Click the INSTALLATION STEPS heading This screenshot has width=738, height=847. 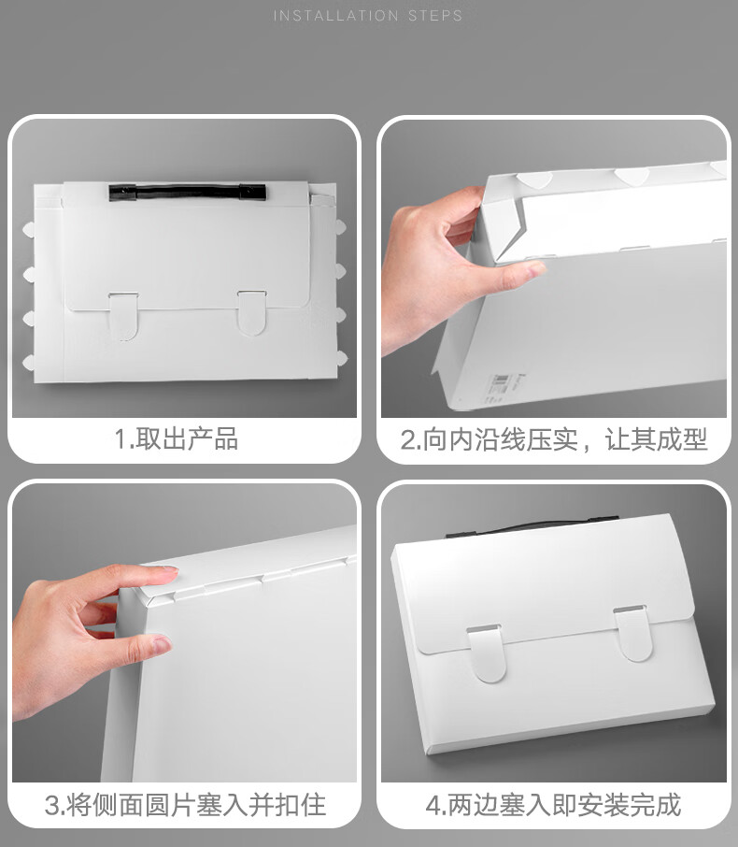368,16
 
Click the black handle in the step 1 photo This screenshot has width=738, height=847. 188,193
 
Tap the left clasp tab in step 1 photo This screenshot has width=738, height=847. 123,316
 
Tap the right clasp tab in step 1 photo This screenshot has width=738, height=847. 251,313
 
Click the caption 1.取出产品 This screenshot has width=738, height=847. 176,438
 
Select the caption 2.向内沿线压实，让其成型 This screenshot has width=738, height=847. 553,439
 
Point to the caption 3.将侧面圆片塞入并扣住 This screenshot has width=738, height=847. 185,806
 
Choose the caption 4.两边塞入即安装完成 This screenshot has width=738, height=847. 553,806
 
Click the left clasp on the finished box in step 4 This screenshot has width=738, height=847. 487,653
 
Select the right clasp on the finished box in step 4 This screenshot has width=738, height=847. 633,633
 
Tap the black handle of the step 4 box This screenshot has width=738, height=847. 532,526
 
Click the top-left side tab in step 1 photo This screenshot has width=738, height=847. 29,229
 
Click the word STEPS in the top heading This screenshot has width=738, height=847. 435,16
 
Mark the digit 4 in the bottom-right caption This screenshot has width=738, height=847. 432,807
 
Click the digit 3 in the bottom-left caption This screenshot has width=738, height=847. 51,807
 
